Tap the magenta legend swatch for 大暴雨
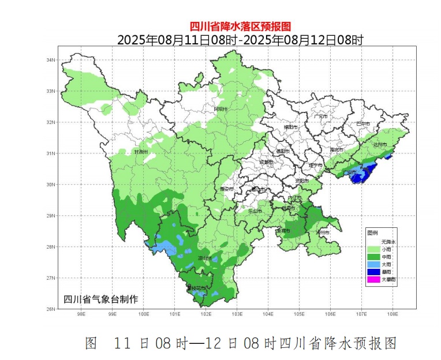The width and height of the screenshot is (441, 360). click(373, 280)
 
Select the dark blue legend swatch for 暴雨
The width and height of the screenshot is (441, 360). click(373, 272)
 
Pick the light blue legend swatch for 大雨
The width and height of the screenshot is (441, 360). click(373, 264)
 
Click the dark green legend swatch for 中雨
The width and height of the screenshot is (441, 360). click(373, 256)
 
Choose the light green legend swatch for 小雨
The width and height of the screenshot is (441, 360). click(373, 249)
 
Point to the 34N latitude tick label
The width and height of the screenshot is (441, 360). click(50, 60)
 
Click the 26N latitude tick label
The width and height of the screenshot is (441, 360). click(50, 309)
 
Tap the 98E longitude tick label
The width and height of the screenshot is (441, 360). click(81, 314)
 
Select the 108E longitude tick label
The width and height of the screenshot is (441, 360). click(393, 314)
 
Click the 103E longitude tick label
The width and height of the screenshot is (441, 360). click(237, 314)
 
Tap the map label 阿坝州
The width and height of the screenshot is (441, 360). click(221, 109)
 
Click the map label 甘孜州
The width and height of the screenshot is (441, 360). click(141, 152)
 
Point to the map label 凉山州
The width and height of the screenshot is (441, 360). click(204, 258)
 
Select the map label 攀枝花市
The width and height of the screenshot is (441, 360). click(196, 287)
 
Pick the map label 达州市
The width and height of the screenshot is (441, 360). click(380, 144)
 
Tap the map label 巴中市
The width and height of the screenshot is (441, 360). click(363, 123)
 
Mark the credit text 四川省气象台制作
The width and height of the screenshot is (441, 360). click(100, 299)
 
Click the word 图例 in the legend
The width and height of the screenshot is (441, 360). click(373, 232)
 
